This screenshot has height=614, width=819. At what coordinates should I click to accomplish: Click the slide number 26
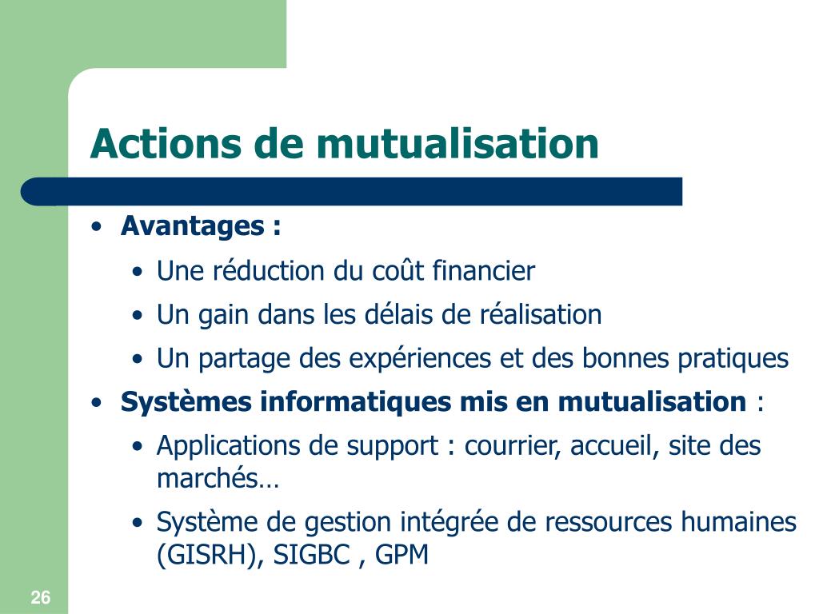(41, 597)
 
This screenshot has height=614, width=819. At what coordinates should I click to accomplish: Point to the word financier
(483, 272)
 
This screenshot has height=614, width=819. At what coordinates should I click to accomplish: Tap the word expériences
(408, 359)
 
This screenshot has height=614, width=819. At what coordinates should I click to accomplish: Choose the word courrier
(513, 446)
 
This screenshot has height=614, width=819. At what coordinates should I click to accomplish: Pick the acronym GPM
(402, 555)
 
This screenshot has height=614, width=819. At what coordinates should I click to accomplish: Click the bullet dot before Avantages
(97, 227)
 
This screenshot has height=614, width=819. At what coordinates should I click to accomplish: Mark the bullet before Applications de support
(139, 447)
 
